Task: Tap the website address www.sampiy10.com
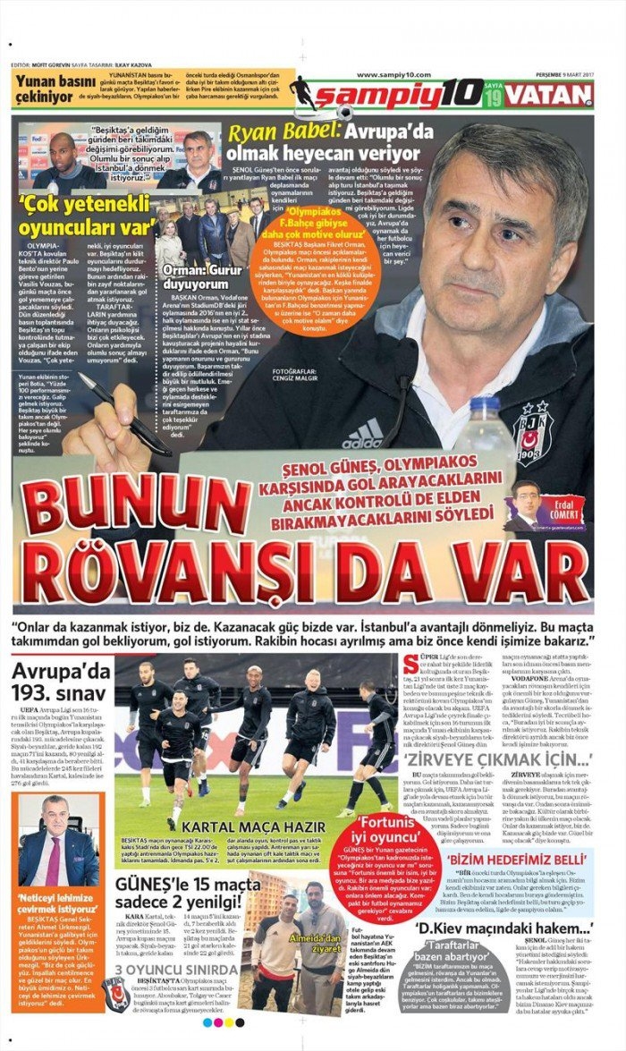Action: (393, 75)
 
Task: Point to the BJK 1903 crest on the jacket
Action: (534, 432)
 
